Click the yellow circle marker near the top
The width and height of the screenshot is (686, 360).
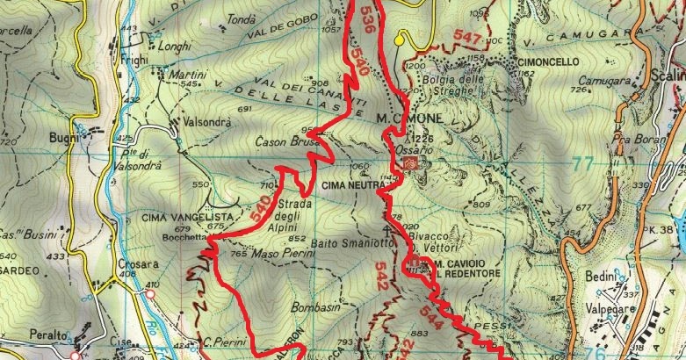point(401,38)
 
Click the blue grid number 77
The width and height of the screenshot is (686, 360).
point(581,162)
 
